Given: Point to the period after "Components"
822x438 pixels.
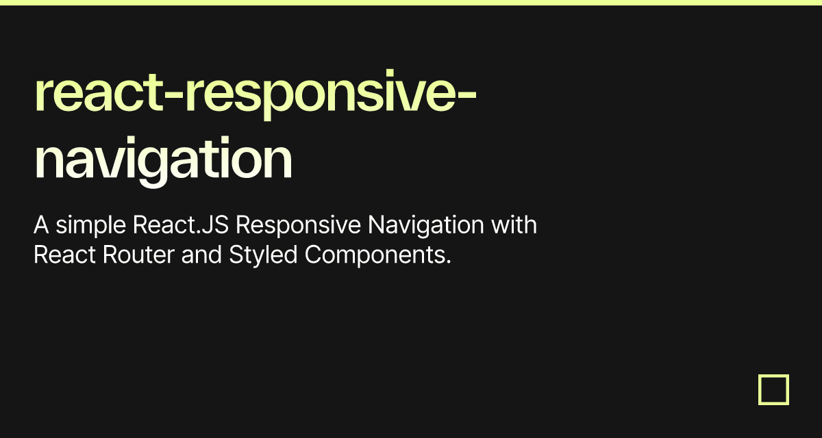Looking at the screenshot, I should (449, 262).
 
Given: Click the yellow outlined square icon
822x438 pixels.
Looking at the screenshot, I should (773, 389).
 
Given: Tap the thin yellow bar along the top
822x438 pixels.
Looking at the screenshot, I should (411, 3).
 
